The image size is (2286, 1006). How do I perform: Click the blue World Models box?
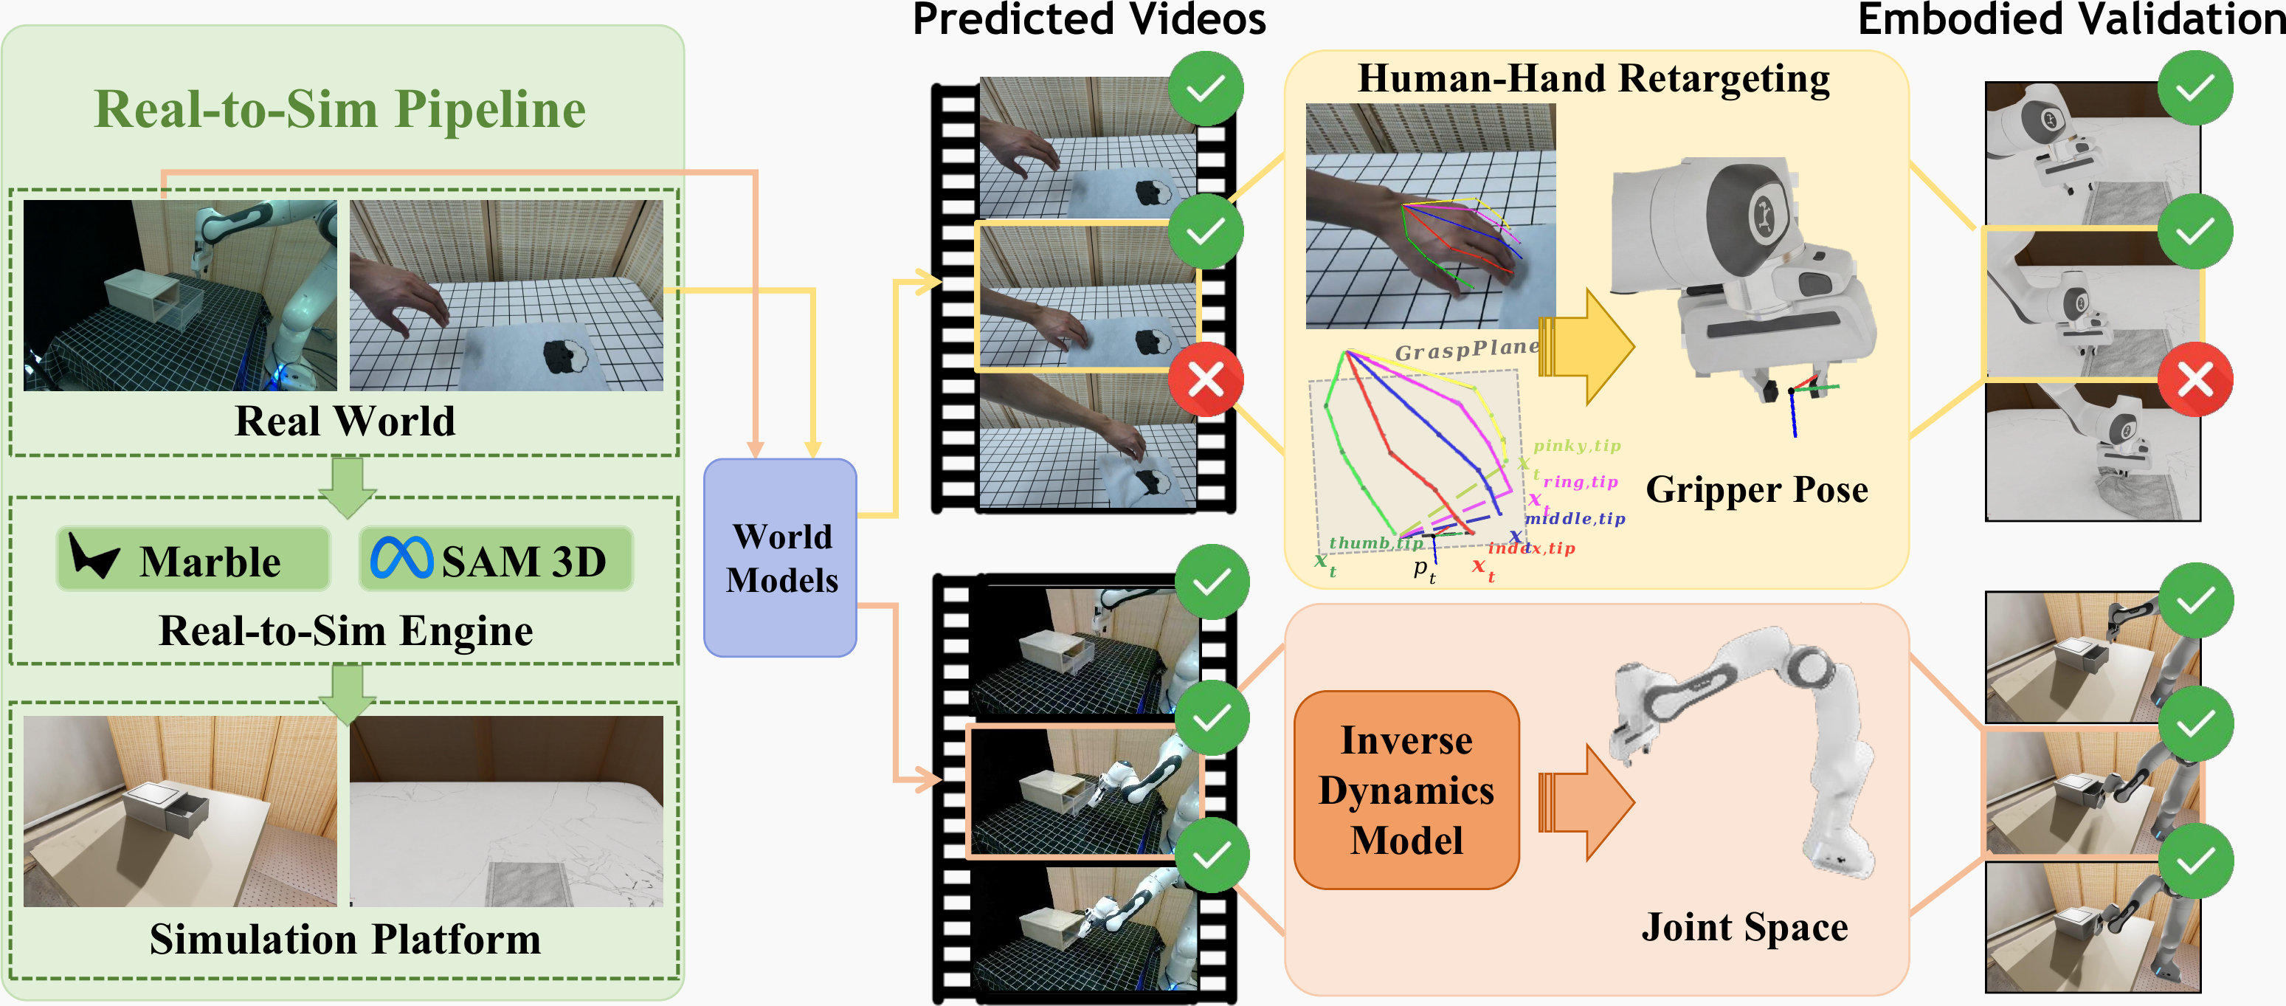(x=780, y=557)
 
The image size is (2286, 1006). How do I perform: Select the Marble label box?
(x=193, y=559)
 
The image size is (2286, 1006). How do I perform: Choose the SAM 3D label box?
(x=496, y=559)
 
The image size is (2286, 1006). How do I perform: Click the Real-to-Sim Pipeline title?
(x=340, y=109)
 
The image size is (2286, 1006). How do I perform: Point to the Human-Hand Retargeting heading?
(x=1593, y=78)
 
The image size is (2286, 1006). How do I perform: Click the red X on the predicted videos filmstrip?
(x=1205, y=380)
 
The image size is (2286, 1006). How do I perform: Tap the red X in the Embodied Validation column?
(x=2195, y=380)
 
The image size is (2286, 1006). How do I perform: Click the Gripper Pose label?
(x=1756, y=489)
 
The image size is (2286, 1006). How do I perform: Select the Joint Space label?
(x=1744, y=927)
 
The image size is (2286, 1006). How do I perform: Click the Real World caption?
(x=345, y=421)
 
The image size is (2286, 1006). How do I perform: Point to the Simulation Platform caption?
(x=345, y=939)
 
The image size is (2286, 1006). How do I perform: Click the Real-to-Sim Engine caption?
(x=345, y=630)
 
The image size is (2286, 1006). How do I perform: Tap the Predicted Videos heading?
(x=1089, y=19)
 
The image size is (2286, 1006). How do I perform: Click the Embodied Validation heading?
(x=2071, y=19)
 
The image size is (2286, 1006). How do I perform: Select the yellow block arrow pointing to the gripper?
(x=1589, y=347)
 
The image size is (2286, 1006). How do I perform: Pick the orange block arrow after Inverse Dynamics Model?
(x=1589, y=802)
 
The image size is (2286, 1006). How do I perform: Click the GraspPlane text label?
(x=1466, y=350)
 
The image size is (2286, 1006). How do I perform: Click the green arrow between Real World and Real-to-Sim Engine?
(x=347, y=485)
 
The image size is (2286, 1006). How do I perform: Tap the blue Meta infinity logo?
(x=402, y=559)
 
